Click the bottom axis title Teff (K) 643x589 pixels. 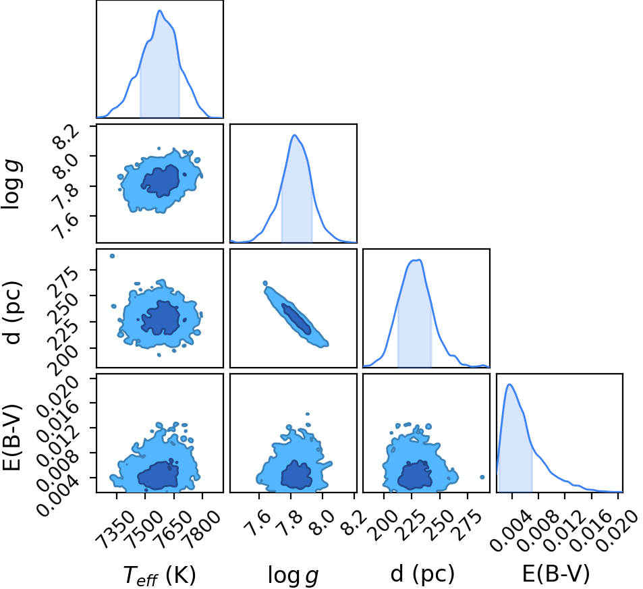pos(159,575)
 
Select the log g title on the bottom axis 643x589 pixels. pos(293,575)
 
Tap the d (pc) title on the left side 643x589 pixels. pos(12,313)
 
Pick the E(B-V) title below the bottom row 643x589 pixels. pos(556,574)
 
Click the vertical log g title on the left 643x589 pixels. pos(12,186)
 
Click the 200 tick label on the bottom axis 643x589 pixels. pos(383,525)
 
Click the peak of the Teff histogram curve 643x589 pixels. pos(160,11)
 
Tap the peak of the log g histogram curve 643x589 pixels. pos(294,135)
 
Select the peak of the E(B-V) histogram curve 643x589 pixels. pos(509,385)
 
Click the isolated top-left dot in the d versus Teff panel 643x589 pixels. pos(112,256)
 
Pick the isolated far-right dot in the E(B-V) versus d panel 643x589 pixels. pos(482,477)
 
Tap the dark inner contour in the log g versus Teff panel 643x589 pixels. pos(161,180)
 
